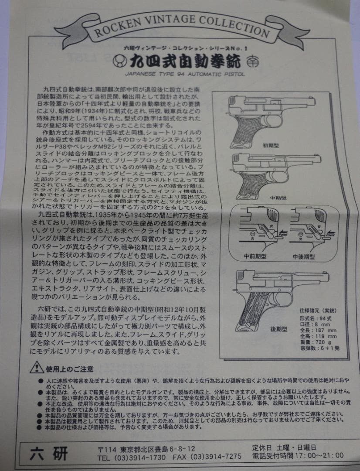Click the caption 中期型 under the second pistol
(271, 198)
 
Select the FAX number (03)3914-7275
(207, 457)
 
